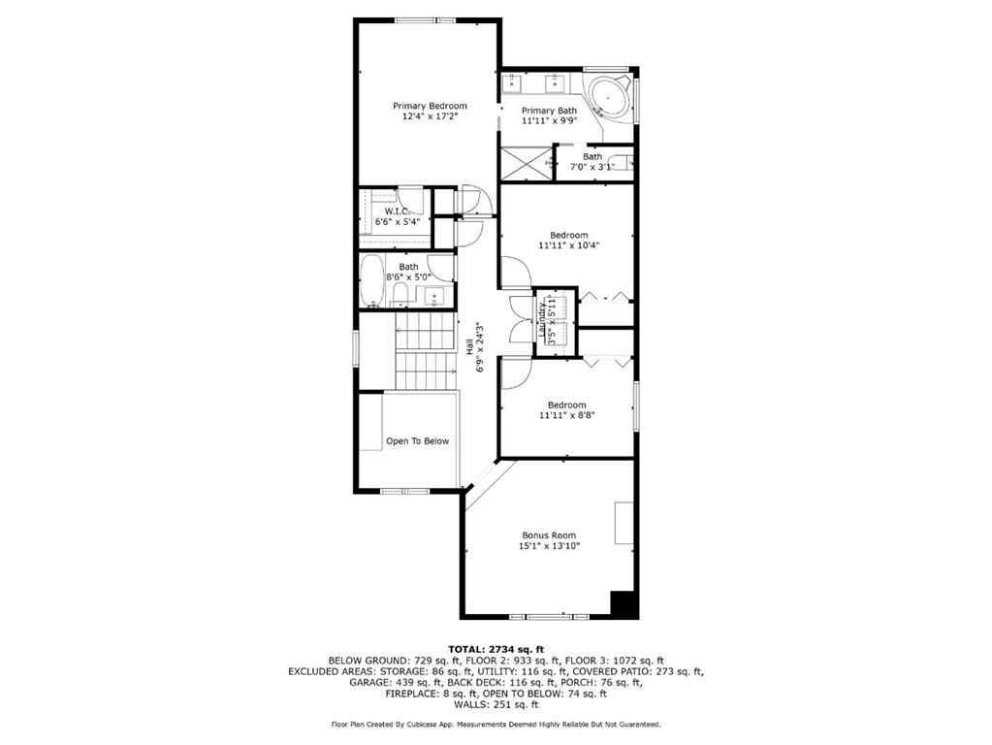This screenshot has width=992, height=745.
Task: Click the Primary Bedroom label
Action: pyautogui.click(x=430, y=106)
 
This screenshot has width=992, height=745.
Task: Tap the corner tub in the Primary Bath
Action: pyautogui.click(x=610, y=99)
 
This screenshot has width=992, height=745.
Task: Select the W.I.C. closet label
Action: pyautogui.click(x=395, y=211)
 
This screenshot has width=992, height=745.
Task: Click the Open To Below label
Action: pyautogui.click(x=417, y=441)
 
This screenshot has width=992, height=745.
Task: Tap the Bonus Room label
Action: pyautogui.click(x=549, y=535)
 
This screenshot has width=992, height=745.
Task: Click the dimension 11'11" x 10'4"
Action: pyautogui.click(x=569, y=245)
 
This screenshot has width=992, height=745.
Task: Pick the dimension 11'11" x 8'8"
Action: pyautogui.click(x=566, y=415)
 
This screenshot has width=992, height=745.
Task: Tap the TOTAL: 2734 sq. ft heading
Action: pyautogui.click(x=496, y=649)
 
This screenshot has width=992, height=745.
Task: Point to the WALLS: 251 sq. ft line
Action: pyautogui.click(x=496, y=704)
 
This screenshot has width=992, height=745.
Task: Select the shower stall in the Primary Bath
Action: pyautogui.click(x=524, y=162)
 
